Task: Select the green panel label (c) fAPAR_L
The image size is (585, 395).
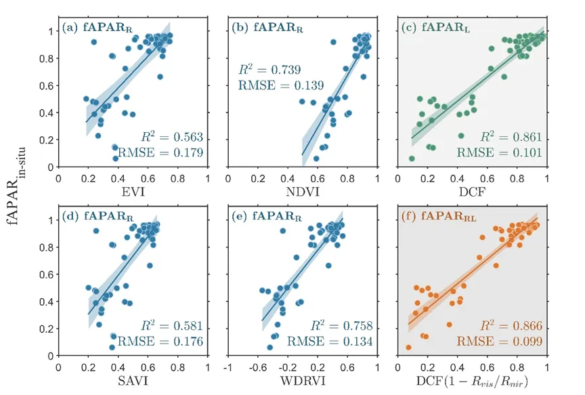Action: pyautogui.click(x=429, y=29)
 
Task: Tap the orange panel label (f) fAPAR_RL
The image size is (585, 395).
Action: pyautogui.click(x=433, y=219)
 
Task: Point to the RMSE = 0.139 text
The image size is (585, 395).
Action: pyautogui.click(x=280, y=85)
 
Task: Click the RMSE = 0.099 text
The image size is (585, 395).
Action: pyautogui.click(x=507, y=342)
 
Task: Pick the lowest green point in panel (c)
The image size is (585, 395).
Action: pyautogui.click(x=412, y=159)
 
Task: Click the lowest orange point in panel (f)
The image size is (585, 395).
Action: pyautogui.click(x=409, y=348)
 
